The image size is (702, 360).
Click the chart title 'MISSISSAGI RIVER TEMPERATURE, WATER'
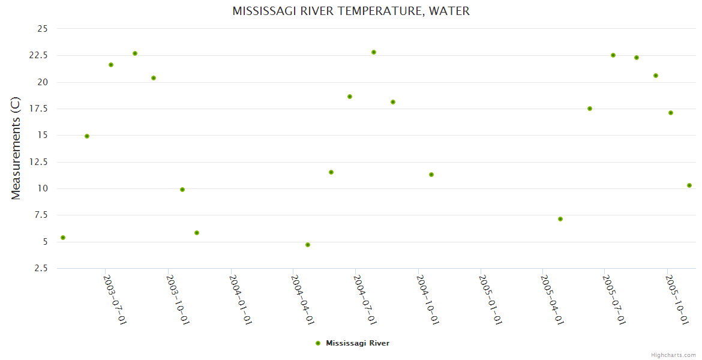tap(351, 11)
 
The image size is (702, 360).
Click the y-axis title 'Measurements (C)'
tap(16, 148)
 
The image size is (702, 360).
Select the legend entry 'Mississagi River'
tap(357, 343)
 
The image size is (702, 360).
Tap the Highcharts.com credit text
tap(673, 355)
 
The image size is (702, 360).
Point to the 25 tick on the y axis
tap(42, 29)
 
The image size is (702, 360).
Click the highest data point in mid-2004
tap(374, 52)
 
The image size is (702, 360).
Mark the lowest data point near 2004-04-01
tap(308, 245)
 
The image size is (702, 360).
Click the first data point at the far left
tap(63, 238)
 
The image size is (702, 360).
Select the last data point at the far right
tap(689, 185)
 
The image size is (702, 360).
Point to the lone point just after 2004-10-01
tap(431, 175)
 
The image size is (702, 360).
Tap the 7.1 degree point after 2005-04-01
tap(560, 219)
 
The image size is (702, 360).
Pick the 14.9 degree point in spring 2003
tap(87, 136)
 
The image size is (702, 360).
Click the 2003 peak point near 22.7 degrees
tap(135, 53)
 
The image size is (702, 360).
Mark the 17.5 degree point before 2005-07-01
tap(590, 109)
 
